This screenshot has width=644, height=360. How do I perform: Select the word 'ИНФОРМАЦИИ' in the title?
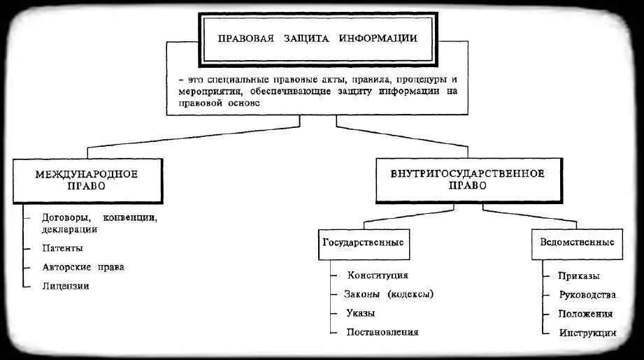pyautogui.click(x=378, y=38)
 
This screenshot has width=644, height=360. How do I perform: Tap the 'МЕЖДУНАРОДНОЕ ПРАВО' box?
pyautogui.click(x=87, y=179)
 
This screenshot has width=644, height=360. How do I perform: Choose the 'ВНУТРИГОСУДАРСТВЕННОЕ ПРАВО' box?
pyautogui.click(x=468, y=179)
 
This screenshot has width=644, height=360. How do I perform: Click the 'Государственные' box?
pyautogui.click(x=363, y=243)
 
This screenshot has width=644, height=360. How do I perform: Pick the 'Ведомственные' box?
pyautogui.click(x=578, y=243)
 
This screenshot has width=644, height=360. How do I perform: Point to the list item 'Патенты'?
pyautogui.click(x=62, y=248)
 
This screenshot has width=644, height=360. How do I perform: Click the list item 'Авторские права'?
pyautogui.click(x=83, y=267)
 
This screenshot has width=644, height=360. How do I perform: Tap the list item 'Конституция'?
pyautogui.click(x=378, y=276)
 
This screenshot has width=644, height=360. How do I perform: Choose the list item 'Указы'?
pyautogui.click(x=360, y=313)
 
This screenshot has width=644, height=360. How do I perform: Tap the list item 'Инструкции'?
pyautogui.click(x=587, y=333)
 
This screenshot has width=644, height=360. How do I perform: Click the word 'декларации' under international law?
pyautogui.click(x=69, y=229)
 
